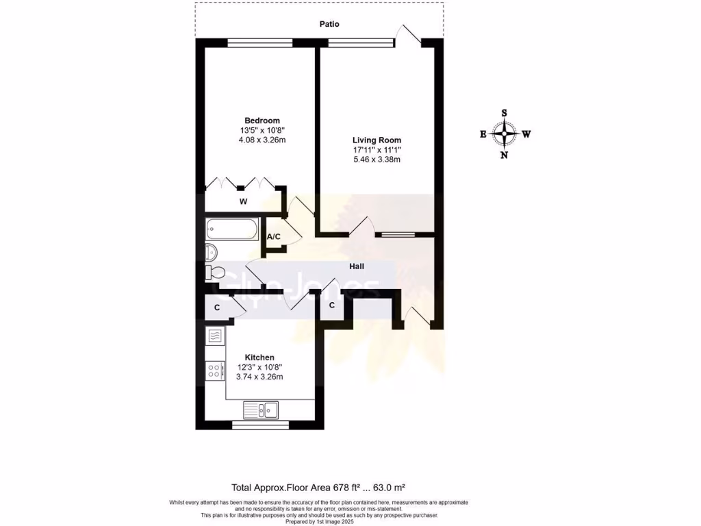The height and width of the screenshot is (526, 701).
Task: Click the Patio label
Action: [329, 24]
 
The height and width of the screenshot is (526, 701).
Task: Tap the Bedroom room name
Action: [262, 121]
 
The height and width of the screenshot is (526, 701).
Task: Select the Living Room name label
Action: [372, 140]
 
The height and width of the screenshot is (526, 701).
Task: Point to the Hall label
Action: [357, 266]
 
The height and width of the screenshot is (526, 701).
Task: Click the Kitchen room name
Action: [259, 358]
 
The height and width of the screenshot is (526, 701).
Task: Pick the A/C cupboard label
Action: [273, 237]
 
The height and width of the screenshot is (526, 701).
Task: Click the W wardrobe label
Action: [242, 202]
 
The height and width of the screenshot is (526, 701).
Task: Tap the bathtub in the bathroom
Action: [231, 227]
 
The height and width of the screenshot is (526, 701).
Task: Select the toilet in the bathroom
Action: [214, 272]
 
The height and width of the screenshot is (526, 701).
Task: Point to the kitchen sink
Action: [260, 410]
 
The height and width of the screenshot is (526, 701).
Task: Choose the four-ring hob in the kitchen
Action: [214, 371]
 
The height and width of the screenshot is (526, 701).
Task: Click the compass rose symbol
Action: [505, 134]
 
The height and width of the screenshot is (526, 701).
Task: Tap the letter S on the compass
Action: [505, 113]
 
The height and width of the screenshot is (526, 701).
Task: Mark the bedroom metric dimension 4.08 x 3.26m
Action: [262, 140]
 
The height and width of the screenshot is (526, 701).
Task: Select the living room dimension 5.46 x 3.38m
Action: [372, 160]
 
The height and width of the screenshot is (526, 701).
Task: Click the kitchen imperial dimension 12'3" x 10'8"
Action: [259, 367]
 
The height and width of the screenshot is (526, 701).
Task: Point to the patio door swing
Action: [410, 34]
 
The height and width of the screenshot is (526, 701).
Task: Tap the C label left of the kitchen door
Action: [217, 308]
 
